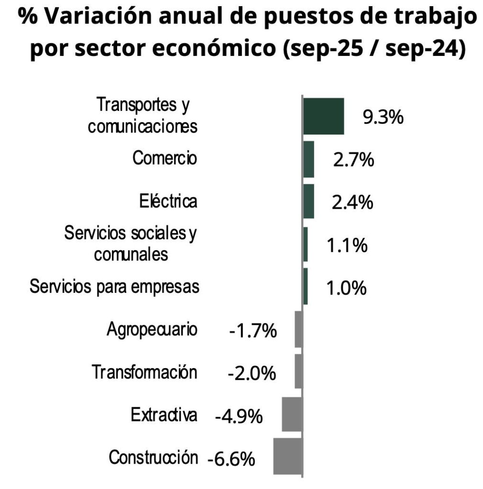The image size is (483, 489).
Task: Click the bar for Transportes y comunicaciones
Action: tap(324, 116)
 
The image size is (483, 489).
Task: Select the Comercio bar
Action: tap(309, 159)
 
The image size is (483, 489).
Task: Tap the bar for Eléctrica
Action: tap(309, 202)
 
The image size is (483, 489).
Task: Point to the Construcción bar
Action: tap(288, 457)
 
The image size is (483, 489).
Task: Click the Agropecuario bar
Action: tap(299, 329)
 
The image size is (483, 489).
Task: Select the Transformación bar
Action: tap(299, 371)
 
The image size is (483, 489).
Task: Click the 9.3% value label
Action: tap(383, 117)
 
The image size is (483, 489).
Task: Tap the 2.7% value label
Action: tap(353, 160)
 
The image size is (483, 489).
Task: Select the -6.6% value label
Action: tap(231, 459)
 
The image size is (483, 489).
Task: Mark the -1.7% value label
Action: tap(253, 330)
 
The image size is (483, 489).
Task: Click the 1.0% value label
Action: tap(347, 288)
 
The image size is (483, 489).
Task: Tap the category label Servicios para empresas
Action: tap(114, 287)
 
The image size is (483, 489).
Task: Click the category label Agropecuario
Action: tap(152, 330)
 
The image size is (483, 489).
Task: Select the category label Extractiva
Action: tap(164, 415)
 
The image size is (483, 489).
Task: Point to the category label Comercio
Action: tap(165, 158)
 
